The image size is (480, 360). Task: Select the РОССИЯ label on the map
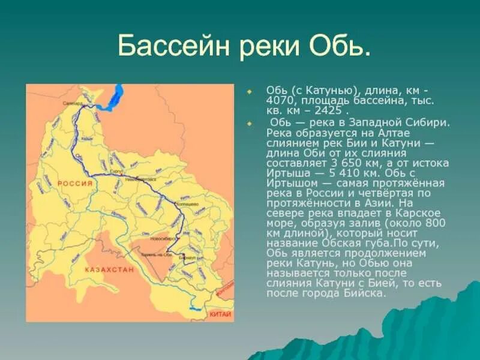[76, 184]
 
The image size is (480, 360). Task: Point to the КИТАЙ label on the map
[220, 314]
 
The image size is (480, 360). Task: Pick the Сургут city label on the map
[116, 172]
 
